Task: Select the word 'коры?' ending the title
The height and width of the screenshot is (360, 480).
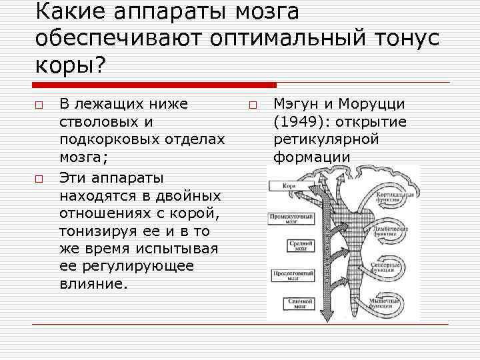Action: point(69,65)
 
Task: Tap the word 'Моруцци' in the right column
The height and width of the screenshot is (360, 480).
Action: point(376,104)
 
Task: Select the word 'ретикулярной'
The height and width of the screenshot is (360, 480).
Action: point(326,140)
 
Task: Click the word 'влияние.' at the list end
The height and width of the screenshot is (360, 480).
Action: point(92,284)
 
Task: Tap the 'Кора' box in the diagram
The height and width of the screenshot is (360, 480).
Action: point(289,186)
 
